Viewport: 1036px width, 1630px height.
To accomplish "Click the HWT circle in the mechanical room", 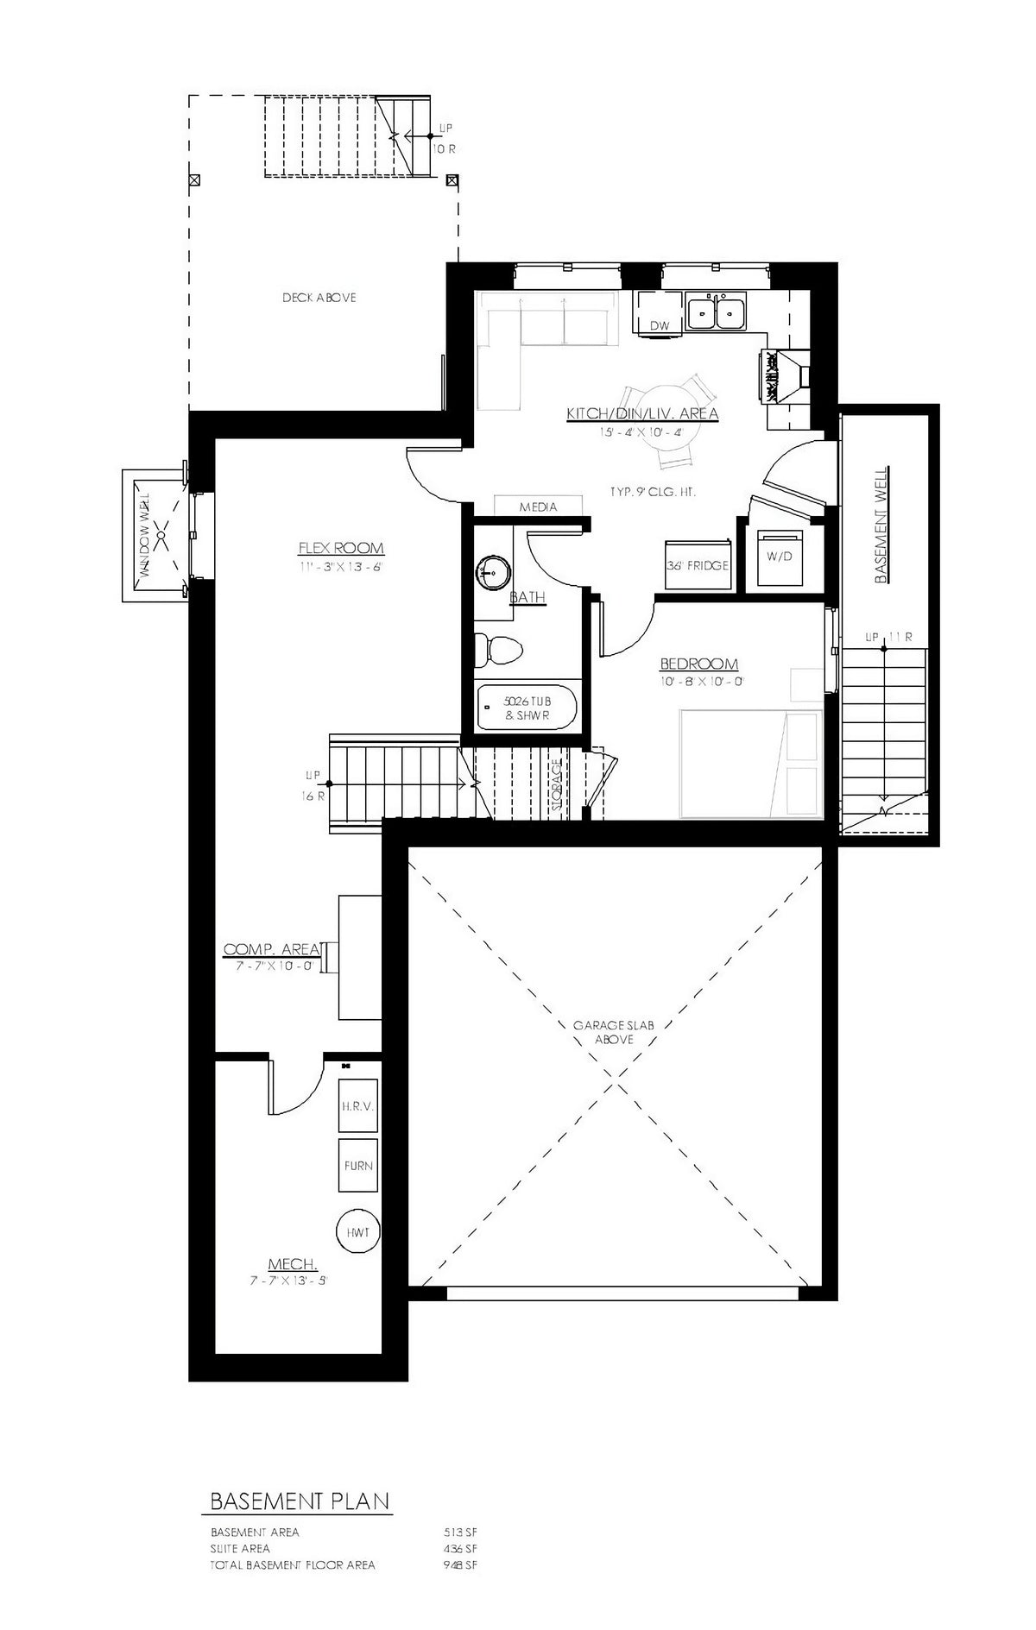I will point(357,1232).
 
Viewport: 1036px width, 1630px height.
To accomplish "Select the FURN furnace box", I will point(357,1166).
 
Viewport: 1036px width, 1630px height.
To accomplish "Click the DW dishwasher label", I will point(660,325).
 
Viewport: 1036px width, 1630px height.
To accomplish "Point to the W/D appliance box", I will point(779,557).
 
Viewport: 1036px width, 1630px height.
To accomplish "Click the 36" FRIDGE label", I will point(698,566).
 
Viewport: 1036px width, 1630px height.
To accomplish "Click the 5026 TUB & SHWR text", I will point(527,708).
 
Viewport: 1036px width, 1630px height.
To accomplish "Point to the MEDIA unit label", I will point(538,507).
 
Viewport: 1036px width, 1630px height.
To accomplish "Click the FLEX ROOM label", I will point(341,548).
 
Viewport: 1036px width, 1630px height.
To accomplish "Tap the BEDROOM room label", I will point(698,664).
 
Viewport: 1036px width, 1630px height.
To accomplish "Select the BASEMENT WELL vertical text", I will point(882,526).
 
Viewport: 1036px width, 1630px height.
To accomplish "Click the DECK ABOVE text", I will point(319,298).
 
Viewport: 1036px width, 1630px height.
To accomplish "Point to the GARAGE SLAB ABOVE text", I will point(614,1032).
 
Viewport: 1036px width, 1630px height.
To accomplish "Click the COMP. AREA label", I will point(273,949).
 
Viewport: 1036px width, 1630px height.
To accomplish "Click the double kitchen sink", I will point(717,312).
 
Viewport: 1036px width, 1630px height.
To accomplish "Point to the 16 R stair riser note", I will point(312,796).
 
